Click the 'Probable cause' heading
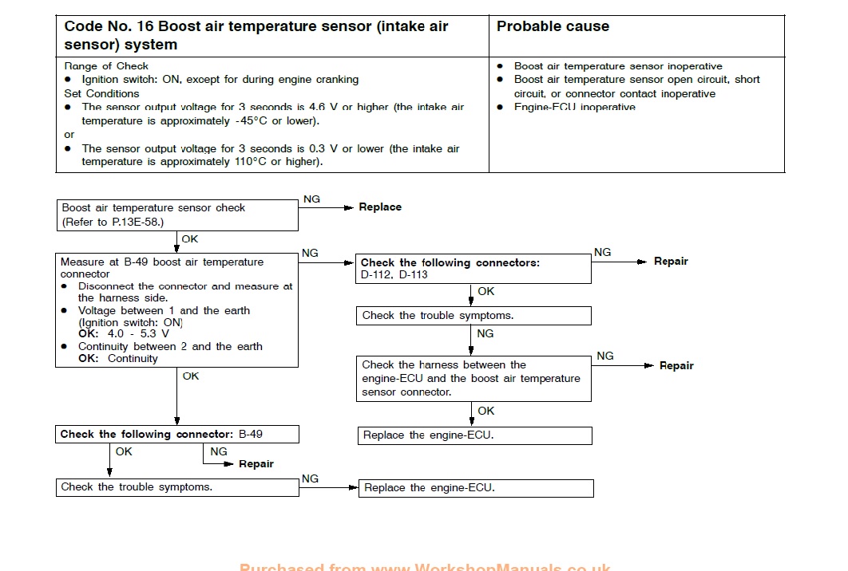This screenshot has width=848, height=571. [553, 26]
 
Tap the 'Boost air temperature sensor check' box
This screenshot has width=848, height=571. [176, 215]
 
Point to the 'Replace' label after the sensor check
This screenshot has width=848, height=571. [380, 207]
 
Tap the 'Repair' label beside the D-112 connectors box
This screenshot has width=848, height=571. [671, 262]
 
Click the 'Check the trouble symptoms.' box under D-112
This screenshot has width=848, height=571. [474, 316]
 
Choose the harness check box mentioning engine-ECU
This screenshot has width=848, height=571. [474, 378]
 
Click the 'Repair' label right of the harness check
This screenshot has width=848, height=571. [676, 366]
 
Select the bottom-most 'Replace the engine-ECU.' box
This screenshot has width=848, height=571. [476, 488]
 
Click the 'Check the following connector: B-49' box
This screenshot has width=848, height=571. [176, 435]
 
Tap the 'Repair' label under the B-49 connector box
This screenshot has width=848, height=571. [256, 464]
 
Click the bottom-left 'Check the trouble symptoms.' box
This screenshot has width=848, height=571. [176, 487]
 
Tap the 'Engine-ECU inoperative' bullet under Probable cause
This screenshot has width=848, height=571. [575, 108]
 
